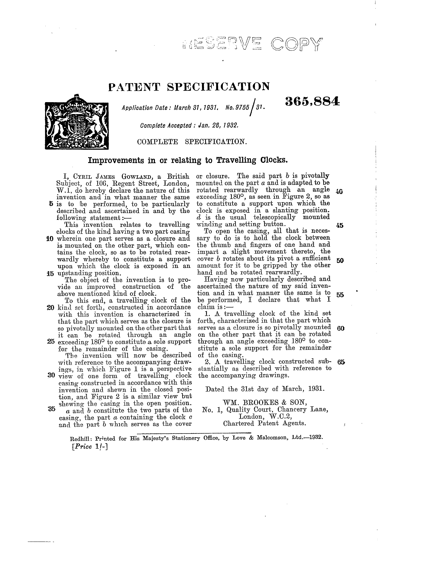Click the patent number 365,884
coord(312,102)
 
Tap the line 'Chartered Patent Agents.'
coord(265,423)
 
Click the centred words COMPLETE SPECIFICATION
coord(191,142)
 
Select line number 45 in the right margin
coord(340,225)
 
